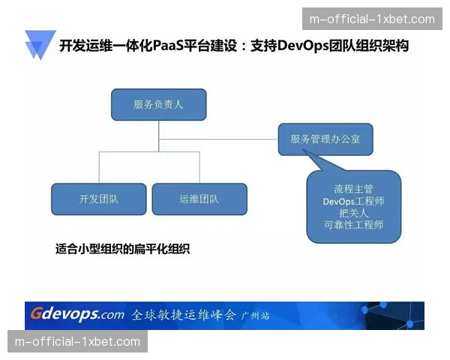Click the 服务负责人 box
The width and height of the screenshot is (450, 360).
[158, 104]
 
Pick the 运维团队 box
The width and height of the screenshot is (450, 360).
[199, 199]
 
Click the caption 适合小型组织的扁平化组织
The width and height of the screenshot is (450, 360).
[123, 249]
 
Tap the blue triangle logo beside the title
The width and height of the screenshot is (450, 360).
[38, 46]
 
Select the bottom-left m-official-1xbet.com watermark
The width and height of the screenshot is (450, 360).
[77, 342]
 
